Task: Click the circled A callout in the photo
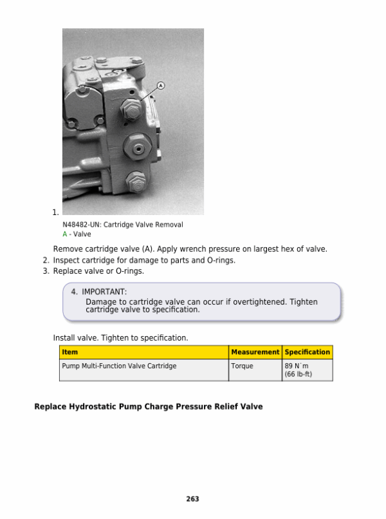coord(160,85)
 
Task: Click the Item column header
coord(69,352)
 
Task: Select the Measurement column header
coord(255,352)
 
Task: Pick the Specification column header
coord(308,352)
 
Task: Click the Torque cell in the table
coord(242,366)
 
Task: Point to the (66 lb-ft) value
coord(298,374)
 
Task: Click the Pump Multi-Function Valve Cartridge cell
coord(119,366)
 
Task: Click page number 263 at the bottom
coord(192,499)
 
